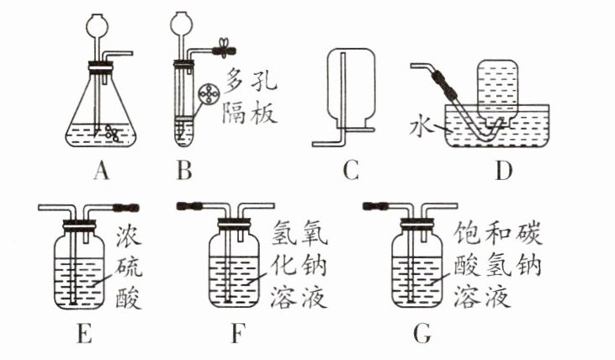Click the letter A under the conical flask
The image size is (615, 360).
[x=101, y=171]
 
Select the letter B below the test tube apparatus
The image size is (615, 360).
[x=185, y=171]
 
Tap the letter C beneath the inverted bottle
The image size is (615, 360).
[x=351, y=171]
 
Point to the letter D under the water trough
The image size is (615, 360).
[x=504, y=171]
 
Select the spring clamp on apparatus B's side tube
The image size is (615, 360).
[x=225, y=50]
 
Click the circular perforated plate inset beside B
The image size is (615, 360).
[x=209, y=94]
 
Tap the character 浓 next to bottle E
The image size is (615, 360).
[x=129, y=236]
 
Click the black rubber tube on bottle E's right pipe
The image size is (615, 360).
[x=125, y=207]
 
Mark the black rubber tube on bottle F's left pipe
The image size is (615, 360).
[x=189, y=205]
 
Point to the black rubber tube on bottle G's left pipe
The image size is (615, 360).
[x=376, y=205]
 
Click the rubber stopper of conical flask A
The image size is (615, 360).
[x=100, y=67]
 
